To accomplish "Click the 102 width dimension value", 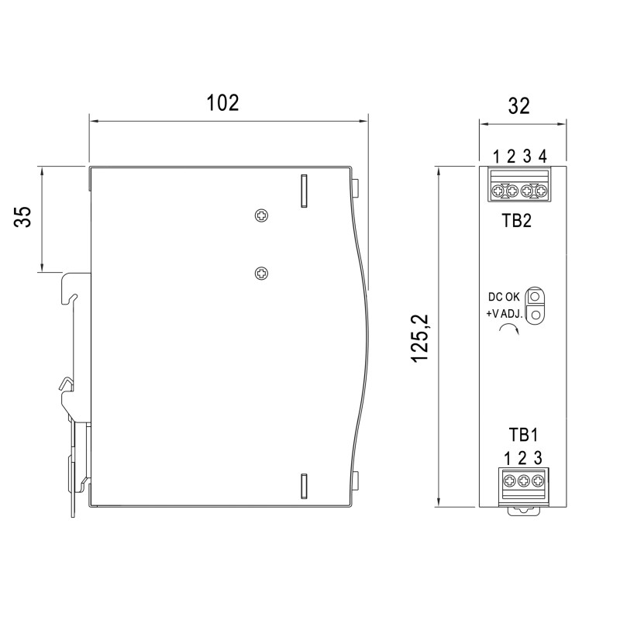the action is tap(222, 103).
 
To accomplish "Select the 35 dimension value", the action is tap(23, 217).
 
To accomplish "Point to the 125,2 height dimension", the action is tap(419, 338).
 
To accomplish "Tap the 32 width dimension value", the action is tap(518, 106).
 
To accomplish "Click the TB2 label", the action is tap(516, 220).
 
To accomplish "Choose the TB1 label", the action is tap(523, 435).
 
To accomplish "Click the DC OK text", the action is tap(504, 297).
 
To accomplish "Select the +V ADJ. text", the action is tap(505, 314).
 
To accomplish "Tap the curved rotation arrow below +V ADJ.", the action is tap(509, 327).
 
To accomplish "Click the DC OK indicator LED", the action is tap(535, 296).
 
